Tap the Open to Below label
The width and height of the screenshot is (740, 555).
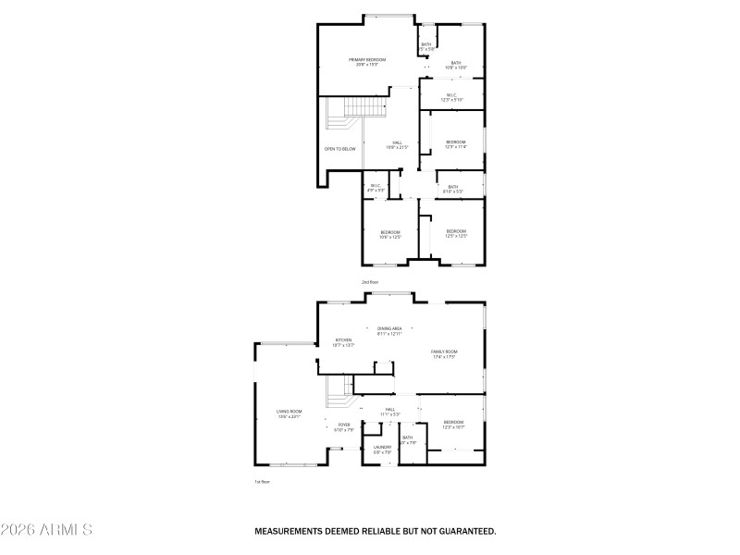tap(339, 149)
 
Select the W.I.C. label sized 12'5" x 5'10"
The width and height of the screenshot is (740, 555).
tap(451, 96)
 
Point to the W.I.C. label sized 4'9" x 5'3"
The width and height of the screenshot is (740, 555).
tap(376, 188)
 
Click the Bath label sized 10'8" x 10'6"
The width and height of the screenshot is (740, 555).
tap(456, 65)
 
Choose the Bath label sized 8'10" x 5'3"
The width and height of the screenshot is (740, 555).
tap(452, 189)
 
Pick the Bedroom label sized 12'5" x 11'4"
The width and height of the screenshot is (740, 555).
tap(456, 143)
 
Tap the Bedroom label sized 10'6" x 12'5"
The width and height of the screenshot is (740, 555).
tap(389, 234)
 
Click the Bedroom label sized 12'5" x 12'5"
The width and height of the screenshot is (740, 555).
tap(456, 233)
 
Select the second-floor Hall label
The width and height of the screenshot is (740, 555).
tap(397, 144)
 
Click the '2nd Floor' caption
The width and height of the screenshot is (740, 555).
tap(370, 281)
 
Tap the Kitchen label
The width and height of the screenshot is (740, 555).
tap(343, 341)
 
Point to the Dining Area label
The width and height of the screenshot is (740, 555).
tap(389, 330)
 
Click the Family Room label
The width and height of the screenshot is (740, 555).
tap(445, 353)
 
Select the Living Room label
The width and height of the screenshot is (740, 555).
tap(290, 413)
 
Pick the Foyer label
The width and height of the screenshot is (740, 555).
tap(343, 426)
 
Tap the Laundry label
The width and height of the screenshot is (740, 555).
tap(382, 449)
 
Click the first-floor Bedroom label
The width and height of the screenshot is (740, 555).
tap(453, 424)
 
